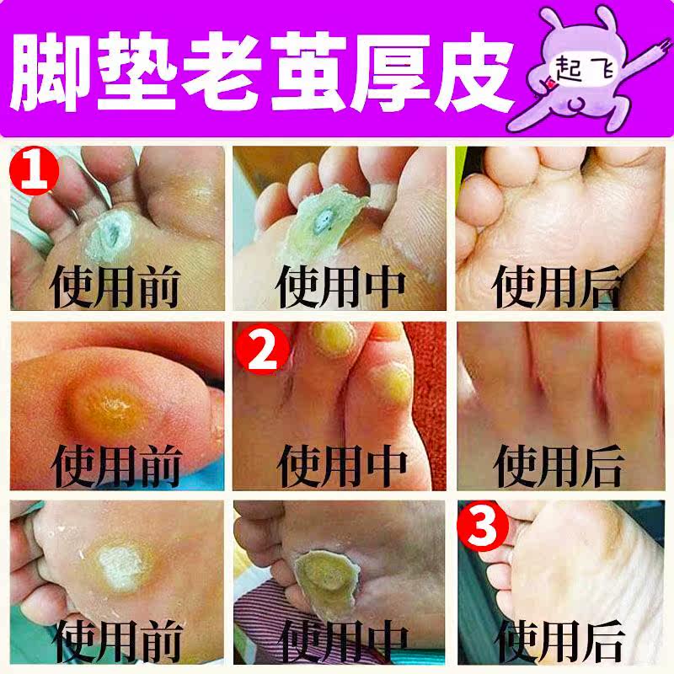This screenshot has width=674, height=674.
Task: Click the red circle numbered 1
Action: coord(35,171)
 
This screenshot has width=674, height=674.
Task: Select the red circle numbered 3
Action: coord(482,525)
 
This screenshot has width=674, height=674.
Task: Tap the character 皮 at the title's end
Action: coord(473,72)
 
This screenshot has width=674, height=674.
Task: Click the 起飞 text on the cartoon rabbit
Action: coord(584,69)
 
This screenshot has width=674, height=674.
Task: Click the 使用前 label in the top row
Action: coord(115,286)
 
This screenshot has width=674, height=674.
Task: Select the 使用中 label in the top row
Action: coord(340,286)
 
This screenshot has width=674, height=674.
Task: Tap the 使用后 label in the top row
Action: coord(557,286)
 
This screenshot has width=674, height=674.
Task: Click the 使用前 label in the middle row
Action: coord(116,466)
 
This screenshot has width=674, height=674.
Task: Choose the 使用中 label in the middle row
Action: coord(342,466)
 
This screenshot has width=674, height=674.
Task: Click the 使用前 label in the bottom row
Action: coord(119,641)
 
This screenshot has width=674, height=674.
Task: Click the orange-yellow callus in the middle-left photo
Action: coord(108,406)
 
